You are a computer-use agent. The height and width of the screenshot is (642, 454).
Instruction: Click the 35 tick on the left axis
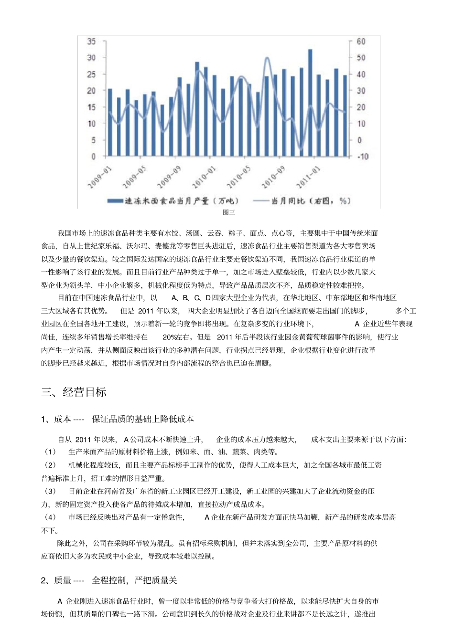pyautogui.click(x=91, y=42)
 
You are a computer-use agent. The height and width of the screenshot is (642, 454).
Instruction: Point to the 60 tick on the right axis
pyautogui.click(x=361, y=42)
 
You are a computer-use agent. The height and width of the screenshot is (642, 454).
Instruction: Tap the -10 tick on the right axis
pyautogui.click(x=362, y=157)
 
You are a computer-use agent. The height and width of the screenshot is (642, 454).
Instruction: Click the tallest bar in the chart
pyautogui.click(x=310, y=103)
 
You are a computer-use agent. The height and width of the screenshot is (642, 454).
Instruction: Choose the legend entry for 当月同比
pyautogui.click(x=302, y=201)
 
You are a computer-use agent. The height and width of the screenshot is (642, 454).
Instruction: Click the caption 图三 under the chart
pyautogui.click(x=228, y=213)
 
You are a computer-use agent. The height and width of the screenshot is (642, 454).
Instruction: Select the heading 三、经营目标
pyautogui.click(x=74, y=392)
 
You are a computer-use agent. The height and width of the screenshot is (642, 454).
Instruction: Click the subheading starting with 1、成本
pyautogui.click(x=118, y=419)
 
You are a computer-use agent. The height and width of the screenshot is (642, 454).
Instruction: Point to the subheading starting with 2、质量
pyautogui.click(x=109, y=580)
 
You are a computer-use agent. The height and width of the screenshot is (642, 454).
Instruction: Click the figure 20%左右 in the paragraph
pyautogui.click(x=176, y=337)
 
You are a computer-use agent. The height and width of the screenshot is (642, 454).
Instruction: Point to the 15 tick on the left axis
pyautogui.click(x=91, y=107)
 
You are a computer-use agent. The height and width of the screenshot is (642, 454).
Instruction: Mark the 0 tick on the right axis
pyautogui.click(x=359, y=140)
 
